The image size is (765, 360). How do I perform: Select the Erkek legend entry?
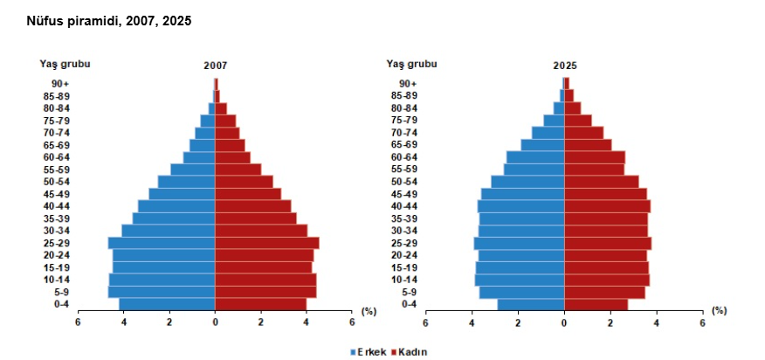[367, 351]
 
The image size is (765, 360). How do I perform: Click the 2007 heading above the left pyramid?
[216, 66]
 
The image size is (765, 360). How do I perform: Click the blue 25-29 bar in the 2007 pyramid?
[162, 243]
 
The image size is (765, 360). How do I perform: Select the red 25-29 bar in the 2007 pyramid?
[267, 243]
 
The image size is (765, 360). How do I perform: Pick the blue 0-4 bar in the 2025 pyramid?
[531, 304]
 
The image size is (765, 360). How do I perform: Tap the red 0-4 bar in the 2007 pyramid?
[261, 304]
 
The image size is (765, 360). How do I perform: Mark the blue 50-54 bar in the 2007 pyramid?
[186, 182]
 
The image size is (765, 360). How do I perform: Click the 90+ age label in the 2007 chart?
[60, 84]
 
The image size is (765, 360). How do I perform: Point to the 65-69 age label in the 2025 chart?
[403, 145]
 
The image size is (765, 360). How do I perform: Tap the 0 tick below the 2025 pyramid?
[564, 322]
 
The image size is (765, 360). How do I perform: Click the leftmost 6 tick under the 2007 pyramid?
[78, 322]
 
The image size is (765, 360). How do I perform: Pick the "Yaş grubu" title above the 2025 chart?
[411, 63]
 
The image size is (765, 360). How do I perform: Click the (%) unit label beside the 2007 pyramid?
[369, 310]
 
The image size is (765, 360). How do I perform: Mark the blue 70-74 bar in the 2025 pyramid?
[548, 133]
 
